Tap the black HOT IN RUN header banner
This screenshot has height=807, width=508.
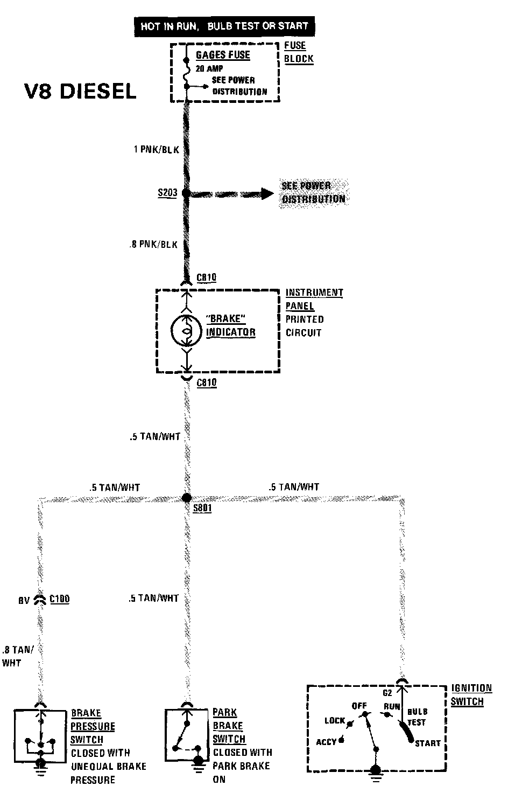pyautogui.click(x=224, y=26)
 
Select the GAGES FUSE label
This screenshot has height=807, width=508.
pyautogui.click(x=223, y=55)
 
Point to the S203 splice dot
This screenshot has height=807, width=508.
pyautogui.click(x=186, y=193)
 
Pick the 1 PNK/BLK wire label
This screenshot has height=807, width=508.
pyautogui.click(x=156, y=150)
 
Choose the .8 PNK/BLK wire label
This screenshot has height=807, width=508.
pyautogui.click(x=153, y=245)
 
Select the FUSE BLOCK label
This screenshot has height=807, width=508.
pyautogui.click(x=299, y=52)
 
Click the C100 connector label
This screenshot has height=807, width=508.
pyautogui.click(x=60, y=599)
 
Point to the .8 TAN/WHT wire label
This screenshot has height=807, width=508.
pyautogui.click(x=18, y=656)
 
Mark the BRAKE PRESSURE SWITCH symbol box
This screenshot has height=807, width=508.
pyautogui.click(x=40, y=735)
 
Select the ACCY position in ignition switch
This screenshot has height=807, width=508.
pyautogui.click(x=326, y=742)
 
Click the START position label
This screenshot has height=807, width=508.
pyautogui.click(x=428, y=743)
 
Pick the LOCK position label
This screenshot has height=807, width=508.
pyautogui.click(x=335, y=720)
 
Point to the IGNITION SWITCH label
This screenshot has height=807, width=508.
pyautogui.click(x=471, y=695)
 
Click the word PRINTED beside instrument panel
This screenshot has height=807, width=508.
pyautogui.click(x=305, y=319)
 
